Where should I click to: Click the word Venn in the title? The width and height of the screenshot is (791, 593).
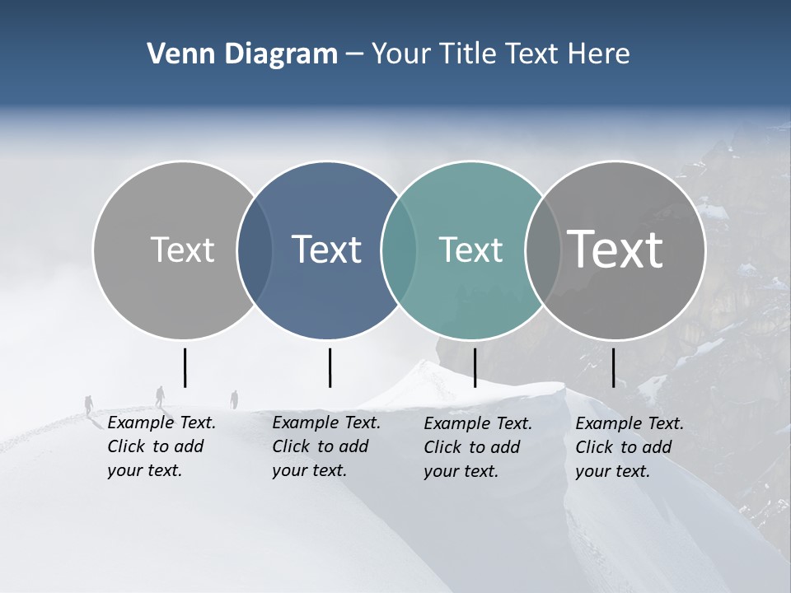click(x=173, y=54)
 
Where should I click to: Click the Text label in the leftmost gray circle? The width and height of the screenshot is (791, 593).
click(x=182, y=250)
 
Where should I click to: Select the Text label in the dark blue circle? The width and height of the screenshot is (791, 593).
click(x=326, y=250)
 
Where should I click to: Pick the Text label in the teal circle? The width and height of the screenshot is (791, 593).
click(x=470, y=250)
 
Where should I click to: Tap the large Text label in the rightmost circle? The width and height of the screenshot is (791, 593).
click(x=615, y=250)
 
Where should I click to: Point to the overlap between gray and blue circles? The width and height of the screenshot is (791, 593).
click(x=255, y=250)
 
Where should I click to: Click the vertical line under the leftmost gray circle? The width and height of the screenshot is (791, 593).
click(x=185, y=367)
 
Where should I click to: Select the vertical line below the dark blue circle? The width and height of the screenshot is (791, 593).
click(x=330, y=367)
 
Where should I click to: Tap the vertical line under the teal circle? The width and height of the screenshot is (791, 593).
click(x=475, y=367)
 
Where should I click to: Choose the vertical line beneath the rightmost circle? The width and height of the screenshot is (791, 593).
click(x=614, y=367)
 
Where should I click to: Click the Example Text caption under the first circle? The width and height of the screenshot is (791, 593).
click(x=161, y=446)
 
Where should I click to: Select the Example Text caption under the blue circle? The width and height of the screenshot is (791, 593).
click(x=325, y=446)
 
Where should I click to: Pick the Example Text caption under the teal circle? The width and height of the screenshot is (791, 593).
click(x=477, y=447)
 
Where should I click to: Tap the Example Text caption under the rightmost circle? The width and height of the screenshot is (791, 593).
click(x=629, y=447)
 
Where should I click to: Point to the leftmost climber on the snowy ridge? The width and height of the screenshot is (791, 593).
click(x=89, y=404)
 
